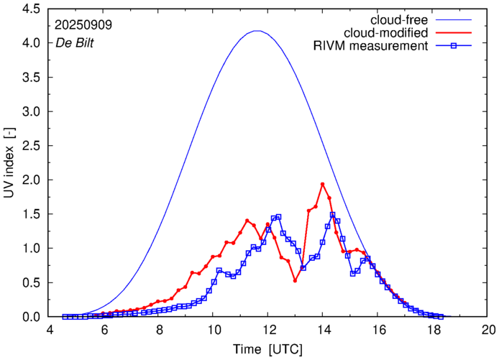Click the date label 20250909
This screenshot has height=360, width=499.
[83, 24]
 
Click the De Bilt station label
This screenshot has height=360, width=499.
[74, 42]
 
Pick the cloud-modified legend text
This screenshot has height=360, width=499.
[386, 33]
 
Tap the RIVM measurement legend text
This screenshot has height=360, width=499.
[371, 47]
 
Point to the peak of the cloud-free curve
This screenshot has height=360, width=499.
[257, 31]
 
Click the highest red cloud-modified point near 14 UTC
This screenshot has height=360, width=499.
[322, 185]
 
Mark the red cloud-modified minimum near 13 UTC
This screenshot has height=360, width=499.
[295, 280]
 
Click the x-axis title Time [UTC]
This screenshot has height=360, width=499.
[268, 349]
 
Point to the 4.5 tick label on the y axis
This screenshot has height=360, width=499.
[31, 9]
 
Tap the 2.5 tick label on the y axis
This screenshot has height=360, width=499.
[31, 146]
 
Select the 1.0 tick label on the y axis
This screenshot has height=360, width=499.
[31, 249]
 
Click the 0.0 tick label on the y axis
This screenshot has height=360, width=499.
[31, 317]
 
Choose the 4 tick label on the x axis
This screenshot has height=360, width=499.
[50, 330]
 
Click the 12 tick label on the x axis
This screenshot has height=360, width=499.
[268, 330]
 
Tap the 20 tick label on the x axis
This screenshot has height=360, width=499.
[488, 330]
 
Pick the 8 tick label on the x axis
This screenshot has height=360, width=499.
[159, 330]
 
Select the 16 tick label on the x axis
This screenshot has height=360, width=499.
[378, 330]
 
